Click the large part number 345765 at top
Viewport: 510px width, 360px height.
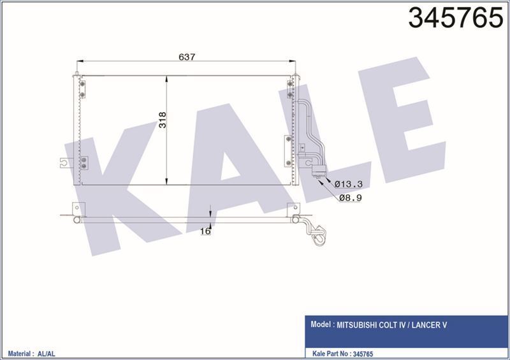456,18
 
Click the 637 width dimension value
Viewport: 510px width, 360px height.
187,57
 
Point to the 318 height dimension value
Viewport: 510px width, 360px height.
163,120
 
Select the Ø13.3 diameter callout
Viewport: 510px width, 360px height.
348,184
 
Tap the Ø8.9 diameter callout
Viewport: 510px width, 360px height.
350,198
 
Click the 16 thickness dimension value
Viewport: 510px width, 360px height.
205,231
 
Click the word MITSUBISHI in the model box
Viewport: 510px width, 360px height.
356,325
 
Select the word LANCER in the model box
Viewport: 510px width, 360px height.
425,325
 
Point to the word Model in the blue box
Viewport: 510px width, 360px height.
321,324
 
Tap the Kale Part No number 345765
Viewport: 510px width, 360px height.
362,354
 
